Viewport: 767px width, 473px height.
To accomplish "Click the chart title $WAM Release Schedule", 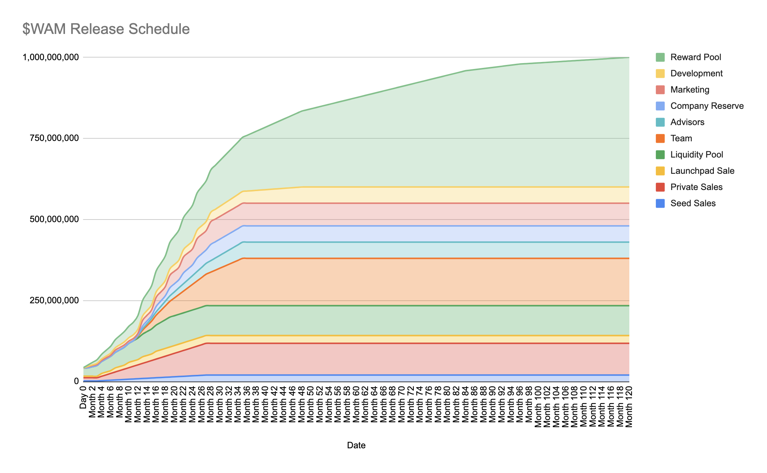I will [x=106, y=29].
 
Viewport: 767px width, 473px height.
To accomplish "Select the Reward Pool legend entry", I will [x=695, y=57].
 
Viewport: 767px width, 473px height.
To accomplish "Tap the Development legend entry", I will [x=696, y=73].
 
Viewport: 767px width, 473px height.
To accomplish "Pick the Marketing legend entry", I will [x=689, y=90].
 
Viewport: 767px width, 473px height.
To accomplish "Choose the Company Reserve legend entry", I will [x=706, y=106].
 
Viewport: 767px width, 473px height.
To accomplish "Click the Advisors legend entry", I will [x=687, y=122].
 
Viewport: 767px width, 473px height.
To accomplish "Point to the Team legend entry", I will [x=681, y=138].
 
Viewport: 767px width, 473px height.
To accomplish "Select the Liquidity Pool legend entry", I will [x=697, y=155].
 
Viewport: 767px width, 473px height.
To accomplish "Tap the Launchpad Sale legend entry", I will [x=702, y=171].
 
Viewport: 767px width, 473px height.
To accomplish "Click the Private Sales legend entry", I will [x=696, y=187].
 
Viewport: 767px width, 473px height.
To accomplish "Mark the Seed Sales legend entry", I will [x=692, y=203].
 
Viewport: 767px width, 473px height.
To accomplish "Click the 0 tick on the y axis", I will [x=76, y=381].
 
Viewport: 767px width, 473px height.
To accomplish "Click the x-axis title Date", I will [x=356, y=445].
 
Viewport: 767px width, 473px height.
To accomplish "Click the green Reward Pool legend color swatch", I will [x=660, y=57].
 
